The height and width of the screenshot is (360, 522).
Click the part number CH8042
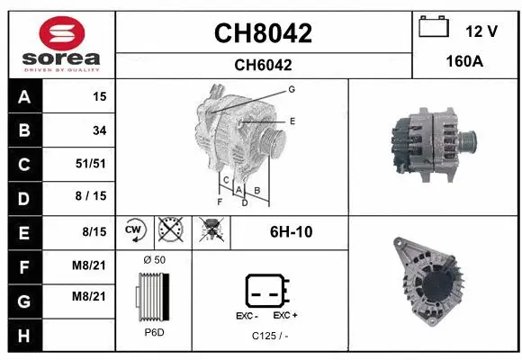(263, 33)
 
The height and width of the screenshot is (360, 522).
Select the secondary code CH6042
(263, 65)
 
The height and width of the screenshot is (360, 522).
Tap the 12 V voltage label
(481, 31)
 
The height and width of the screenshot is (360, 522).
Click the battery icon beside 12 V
(434, 28)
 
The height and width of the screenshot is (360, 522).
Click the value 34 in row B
(99, 130)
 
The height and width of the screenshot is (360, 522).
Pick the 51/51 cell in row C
(93, 164)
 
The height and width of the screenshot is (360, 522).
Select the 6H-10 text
(291, 232)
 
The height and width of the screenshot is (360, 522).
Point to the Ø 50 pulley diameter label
(154, 260)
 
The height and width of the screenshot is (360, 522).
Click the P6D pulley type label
(154, 333)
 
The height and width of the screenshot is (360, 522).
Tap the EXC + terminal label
(285, 316)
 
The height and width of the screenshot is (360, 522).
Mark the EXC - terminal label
(247, 316)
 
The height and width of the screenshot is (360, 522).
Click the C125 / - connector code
(270, 336)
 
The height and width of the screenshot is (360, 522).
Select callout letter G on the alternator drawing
(292, 89)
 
